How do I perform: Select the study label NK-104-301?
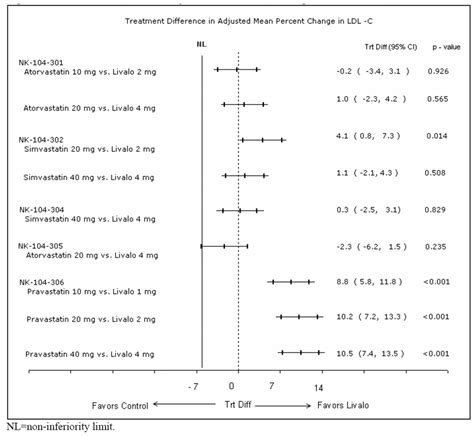click(x=43, y=62)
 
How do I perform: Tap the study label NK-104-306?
click(x=43, y=282)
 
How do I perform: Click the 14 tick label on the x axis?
click(x=319, y=387)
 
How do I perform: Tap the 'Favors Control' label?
click(x=120, y=406)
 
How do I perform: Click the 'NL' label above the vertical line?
click(x=202, y=43)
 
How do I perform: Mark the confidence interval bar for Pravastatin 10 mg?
click(x=291, y=282)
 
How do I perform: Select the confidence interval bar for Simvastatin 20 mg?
click(x=263, y=139)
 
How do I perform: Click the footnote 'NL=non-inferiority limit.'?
click(x=60, y=427)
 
